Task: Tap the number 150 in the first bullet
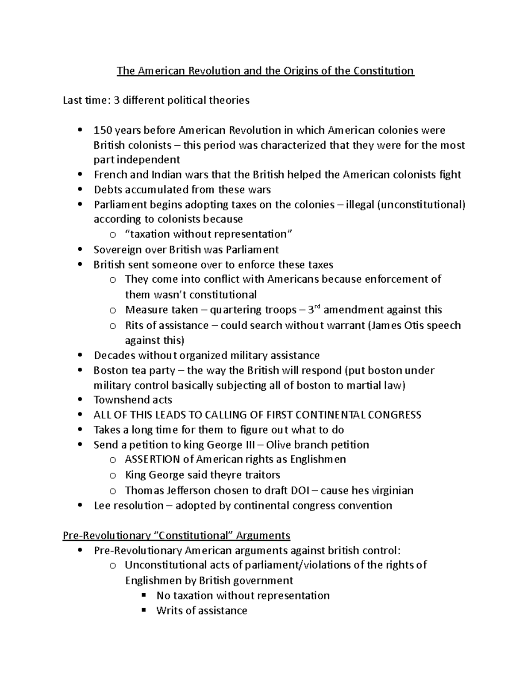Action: tap(102, 130)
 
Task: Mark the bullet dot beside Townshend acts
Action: tap(80, 400)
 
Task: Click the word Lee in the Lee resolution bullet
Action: tap(102, 505)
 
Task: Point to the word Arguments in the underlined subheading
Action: tap(263, 536)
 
